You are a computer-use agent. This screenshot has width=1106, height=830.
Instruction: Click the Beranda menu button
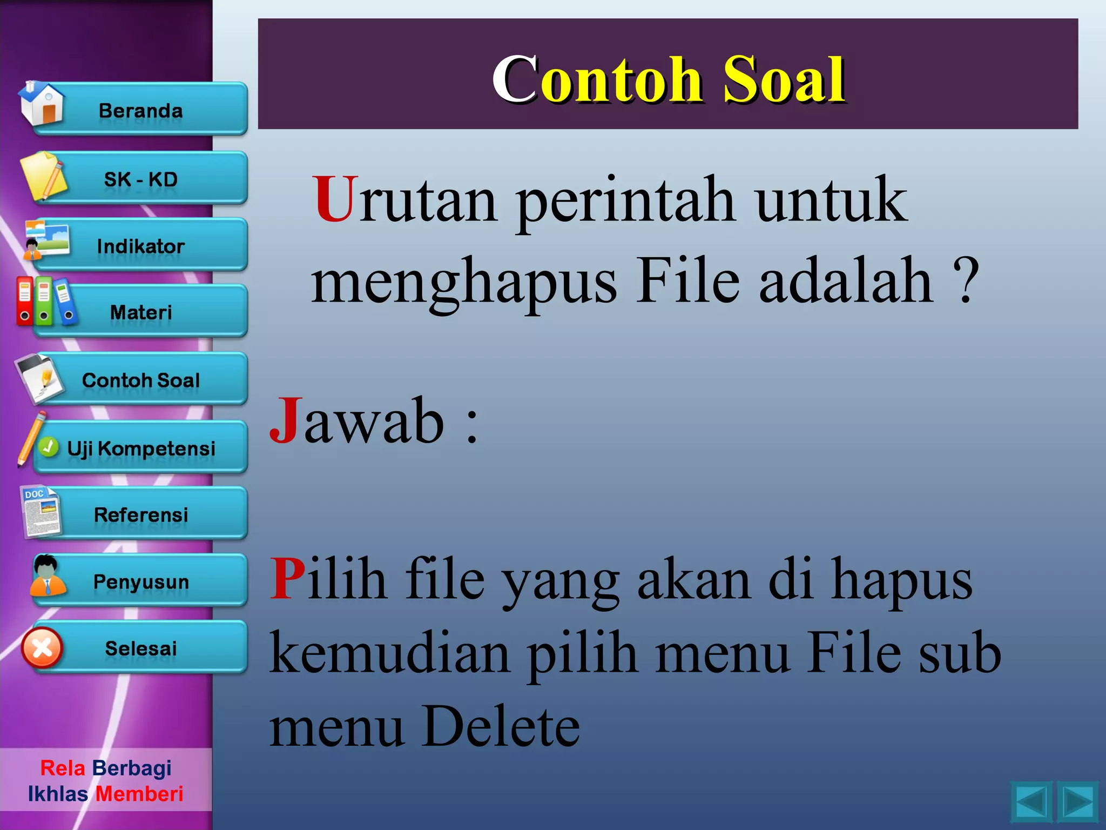(x=140, y=110)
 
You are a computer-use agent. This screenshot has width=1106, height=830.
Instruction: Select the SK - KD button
(x=140, y=179)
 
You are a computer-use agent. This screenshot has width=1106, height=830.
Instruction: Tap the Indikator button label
(x=140, y=246)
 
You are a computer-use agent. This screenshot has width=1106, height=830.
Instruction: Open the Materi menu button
(x=140, y=312)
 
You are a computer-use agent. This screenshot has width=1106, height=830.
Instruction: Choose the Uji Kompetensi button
(x=140, y=449)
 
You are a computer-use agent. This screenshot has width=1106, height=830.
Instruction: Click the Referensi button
(x=140, y=515)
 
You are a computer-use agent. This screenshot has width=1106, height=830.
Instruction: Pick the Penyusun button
(x=140, y=582)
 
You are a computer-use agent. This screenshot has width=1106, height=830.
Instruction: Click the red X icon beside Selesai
(x=42, y=648)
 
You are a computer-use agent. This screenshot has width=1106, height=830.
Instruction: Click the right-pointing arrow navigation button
(x=1078, y=802)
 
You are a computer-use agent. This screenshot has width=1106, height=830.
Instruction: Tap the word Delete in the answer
(x=501, y=726)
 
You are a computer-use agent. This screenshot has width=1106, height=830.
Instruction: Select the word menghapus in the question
(x=464, y=282)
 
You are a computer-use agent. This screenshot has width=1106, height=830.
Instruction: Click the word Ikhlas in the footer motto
(x=58, y=794)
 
